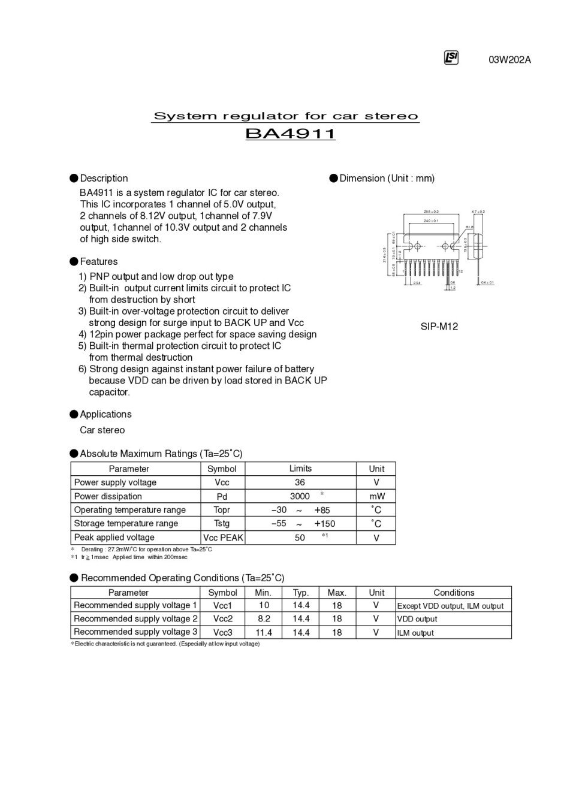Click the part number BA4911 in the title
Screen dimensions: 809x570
pos(290,133)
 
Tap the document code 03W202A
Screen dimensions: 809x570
pos(509,59)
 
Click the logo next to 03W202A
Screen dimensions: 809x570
pos(451,58)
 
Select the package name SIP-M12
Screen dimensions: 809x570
pos(439,327)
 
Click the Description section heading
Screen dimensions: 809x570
pos(104,179)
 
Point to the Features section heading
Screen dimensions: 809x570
pos(98,262)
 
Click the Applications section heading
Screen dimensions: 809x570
pos(105,415)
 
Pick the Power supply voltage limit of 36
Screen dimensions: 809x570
pos(300,482)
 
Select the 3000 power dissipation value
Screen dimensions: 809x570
pos(300,496)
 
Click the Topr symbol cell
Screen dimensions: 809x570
pos(222,510)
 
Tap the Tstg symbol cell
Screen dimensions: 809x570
pos(222,524)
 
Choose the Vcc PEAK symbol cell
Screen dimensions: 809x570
pos(223,538)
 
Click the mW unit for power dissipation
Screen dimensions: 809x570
pos(376,496)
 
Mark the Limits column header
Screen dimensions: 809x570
pos(300,469)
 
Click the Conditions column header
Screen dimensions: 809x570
pos(454,593)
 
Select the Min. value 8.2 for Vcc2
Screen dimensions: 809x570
pos(264,619)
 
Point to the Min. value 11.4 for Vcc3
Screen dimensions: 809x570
pos(264,633)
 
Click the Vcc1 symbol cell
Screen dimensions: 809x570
pos(222,606)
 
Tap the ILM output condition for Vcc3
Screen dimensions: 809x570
pos(415,633)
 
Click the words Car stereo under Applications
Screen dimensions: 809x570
pos(102,430)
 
